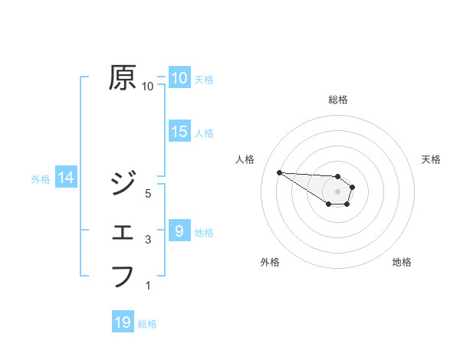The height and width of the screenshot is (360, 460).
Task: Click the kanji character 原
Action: pos(123,78)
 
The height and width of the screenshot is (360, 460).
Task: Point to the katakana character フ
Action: pos(123,275)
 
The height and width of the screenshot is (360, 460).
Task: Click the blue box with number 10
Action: pos(179,78)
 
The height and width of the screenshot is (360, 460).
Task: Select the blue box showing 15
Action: pos(179,132)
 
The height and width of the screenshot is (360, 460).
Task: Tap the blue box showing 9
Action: pos(179,231)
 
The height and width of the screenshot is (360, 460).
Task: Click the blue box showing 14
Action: pos(66,178)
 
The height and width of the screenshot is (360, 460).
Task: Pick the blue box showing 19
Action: pos(123,322)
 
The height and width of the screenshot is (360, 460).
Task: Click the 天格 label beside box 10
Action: pos(204,79)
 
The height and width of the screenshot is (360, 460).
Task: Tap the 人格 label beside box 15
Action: pos(204,133)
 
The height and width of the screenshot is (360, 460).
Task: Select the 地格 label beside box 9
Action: pos(204,232)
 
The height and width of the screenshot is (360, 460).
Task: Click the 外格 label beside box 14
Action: pos(41,179)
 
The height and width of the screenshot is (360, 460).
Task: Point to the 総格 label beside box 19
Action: pos(147,324)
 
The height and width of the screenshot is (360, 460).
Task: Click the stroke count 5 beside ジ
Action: pos(148,194)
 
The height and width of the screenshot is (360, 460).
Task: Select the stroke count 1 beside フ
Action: pos(148,286)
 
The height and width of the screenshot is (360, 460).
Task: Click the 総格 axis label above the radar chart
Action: pos(338,100)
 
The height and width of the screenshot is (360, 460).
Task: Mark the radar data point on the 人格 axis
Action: pos(279,172)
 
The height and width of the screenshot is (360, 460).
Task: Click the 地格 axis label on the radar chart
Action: pos(402,262)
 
